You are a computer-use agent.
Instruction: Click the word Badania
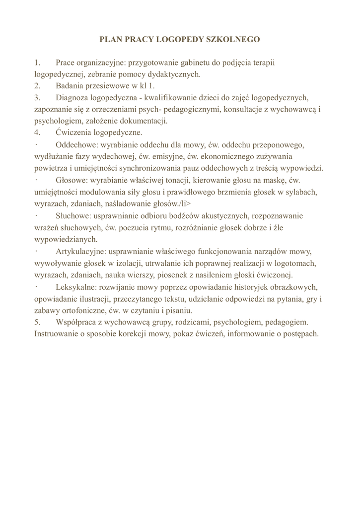pos(72,86)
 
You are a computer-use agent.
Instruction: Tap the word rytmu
pos(157,228)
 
